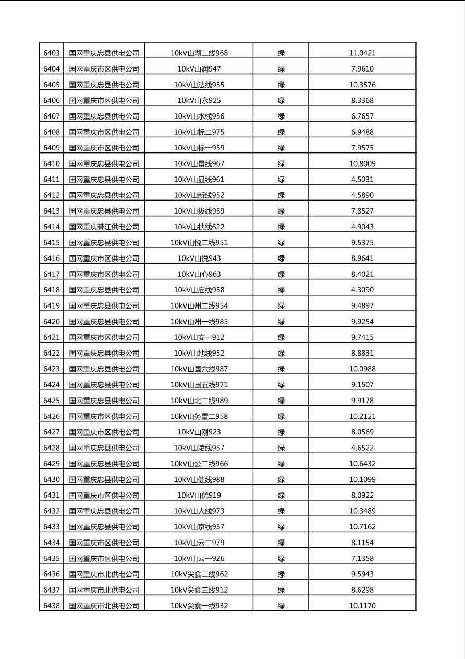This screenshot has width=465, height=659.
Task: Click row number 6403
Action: [x=52, y=53]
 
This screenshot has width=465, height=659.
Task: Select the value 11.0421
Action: [x=362, y=53]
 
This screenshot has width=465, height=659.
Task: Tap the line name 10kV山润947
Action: [x=199, y=68]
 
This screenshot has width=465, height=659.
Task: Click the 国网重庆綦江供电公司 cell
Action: [x=104, y=227]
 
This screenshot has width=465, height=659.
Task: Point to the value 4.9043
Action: [x=362, y=227]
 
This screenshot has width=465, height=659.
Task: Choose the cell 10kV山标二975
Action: [x=199, y=132]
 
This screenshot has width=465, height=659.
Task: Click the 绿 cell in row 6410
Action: [x=281, y=163]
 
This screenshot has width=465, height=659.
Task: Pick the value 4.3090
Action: [x=362, y=290]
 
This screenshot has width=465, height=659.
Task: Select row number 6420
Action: [x=52, y=321]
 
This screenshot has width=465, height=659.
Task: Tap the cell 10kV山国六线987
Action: [x=199, y=369]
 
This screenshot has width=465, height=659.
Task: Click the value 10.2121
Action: [x=362, y=416]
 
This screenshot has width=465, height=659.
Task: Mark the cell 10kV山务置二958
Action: [x=199, y=416]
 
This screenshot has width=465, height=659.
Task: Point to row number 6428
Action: [x=52, y=448]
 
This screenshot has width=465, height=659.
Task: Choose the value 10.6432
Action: [x=362, y=463]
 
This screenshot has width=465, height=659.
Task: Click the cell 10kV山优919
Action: [x=199, y=495]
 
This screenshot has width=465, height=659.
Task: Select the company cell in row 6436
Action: [x=104, y=574]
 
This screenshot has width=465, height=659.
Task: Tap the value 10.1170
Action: [x=362, y=606]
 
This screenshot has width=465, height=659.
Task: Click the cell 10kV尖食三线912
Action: [x=199, y=590]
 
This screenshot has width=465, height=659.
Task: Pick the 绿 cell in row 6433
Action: [x=281, y=526]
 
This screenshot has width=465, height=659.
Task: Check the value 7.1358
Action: [x=362, y=558]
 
